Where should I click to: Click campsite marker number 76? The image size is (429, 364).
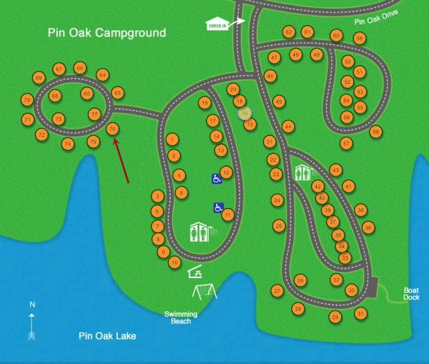[x=113, y=129]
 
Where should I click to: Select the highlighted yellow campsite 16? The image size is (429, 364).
[x=245, y=114]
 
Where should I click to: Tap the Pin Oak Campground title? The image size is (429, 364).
[x=107, y=33]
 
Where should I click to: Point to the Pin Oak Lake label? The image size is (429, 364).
[x=107, y=336]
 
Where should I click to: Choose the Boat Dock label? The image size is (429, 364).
[x=411, y=294]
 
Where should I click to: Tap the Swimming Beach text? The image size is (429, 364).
[x=181, y=317]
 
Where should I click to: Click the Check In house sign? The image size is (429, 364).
[x=217, y=24]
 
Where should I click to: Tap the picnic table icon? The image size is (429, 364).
[x=196, y=271]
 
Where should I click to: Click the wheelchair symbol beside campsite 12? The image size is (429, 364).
[x=217, y=179]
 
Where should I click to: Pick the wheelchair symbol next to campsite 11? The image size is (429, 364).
[x=219, y=208]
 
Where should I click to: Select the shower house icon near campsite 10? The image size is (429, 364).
[x=202, y=233]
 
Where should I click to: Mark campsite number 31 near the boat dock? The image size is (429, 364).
[x=361, y=313]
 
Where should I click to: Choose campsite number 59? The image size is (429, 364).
[x=359, y=39]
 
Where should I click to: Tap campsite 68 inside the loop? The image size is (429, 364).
[x=55, y=96]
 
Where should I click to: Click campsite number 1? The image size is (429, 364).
[x=173, y=139]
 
